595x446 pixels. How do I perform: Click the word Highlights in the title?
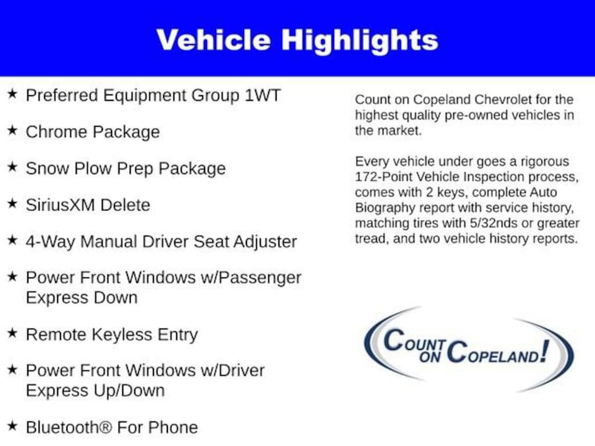coord(360,41)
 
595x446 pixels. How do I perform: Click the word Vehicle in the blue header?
coord(213,39)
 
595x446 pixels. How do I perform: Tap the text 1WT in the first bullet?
coord(263,95)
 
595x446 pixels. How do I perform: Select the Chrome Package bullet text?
coord(92,132)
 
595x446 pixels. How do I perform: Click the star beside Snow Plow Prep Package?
coord(12,167)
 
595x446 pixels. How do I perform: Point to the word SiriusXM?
coord(60,205)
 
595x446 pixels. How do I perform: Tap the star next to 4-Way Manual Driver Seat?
coord(12,240)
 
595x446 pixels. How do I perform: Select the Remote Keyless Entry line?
coord(112,334)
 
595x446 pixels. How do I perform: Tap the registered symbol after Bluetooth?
coord(105,427)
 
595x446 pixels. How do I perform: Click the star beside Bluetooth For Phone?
coord(12,426)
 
